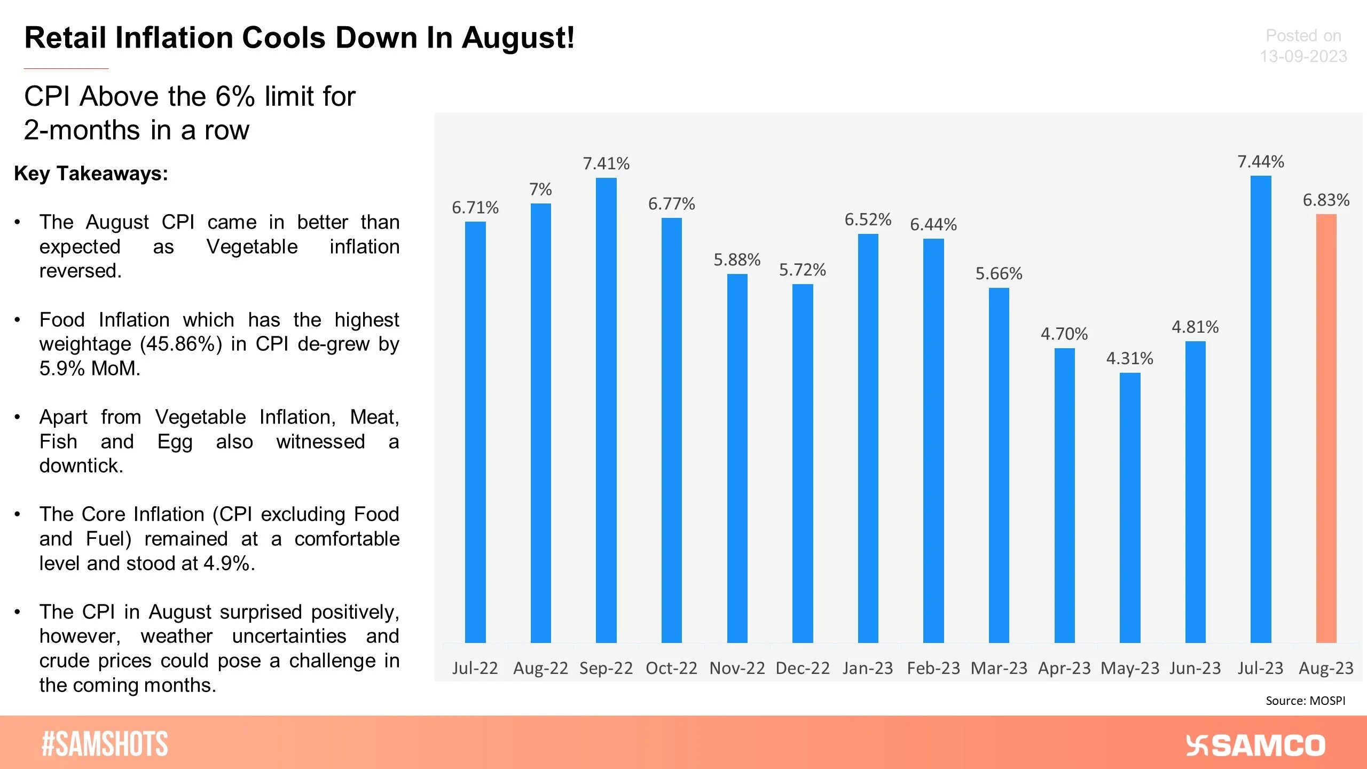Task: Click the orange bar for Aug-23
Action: point(1326,427)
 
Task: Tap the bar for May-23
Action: point(1130,507)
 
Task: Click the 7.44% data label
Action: point(1261,162)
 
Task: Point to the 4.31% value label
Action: point(1130,358)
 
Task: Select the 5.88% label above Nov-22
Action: point(737,260)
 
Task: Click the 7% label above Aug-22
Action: point(540,189)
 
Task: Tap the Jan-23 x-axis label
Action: point(868,668)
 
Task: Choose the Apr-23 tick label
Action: point(1064,668)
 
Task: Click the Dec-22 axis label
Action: point(803,668)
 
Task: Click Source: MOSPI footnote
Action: point(1305,701)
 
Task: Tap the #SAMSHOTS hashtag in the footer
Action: point(105,744)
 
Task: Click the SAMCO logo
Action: point(1255,746)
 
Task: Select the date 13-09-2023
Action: point(1303,57)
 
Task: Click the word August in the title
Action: point(517,38)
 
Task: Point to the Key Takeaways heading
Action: point(91,174)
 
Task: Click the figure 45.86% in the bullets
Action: point(181,344)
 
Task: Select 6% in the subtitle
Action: point(235,97)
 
